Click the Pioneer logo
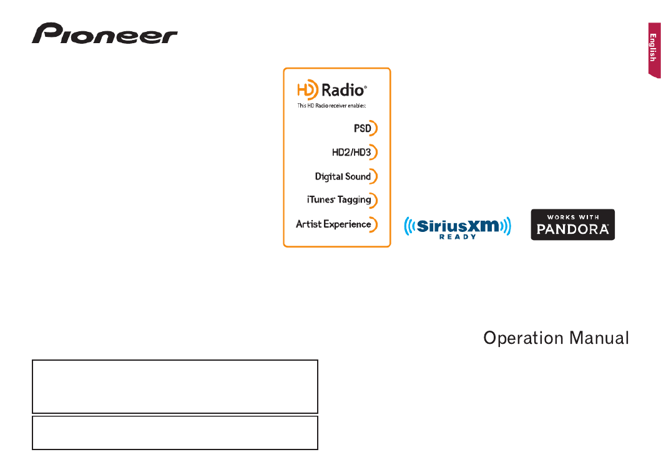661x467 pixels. point(104,33)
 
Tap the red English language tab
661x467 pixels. point(654,50)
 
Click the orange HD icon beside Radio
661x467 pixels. point(307,89)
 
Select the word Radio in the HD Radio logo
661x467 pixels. point(343,90)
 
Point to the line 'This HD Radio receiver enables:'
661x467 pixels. point(332,106)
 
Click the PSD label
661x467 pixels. point(362,128)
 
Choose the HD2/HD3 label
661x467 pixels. point(351,153)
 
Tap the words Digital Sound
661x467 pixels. point(343,176)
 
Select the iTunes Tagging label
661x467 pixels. point(339,199)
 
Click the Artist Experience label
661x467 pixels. point(333,224)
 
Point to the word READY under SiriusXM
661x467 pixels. point(458,237)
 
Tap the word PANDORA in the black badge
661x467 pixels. point(572,229)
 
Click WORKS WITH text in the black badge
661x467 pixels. point(573,217)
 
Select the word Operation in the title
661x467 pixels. point(523,338)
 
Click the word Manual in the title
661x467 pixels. point(599,338)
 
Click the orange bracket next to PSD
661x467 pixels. point(375,128)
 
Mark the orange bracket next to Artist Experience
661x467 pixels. point(375,224)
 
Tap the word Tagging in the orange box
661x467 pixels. point(354,200)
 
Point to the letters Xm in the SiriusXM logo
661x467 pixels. point(483,226)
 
